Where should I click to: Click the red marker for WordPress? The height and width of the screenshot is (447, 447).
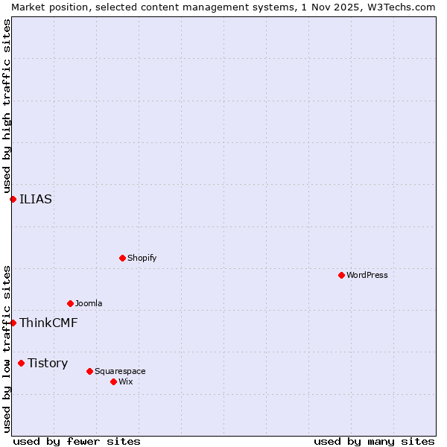[341, 275]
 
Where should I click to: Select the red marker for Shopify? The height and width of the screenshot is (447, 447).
[122, 258]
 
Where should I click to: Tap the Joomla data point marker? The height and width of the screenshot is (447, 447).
[70, 303]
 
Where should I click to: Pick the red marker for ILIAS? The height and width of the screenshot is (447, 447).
[13, 199]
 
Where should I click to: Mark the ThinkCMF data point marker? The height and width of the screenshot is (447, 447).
[13, 323]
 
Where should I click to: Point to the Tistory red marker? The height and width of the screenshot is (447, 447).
[21, 363]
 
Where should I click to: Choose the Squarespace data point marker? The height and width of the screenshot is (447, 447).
[89, 371]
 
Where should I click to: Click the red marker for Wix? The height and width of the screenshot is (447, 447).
[113, 381]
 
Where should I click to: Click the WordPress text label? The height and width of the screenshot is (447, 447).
[367, 275]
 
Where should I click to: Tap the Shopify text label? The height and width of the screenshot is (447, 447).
[142, 258]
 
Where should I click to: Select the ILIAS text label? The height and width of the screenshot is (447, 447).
[36, 199]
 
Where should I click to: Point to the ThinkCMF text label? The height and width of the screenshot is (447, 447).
[48, 323]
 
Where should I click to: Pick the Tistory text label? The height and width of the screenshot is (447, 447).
[48, 363]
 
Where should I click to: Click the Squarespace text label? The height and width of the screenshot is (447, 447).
[120, 371]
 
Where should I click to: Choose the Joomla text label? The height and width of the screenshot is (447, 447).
[89, 303]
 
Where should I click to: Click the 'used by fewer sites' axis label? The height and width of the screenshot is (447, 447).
[77, 441]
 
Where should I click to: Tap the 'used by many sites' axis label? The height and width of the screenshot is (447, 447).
[374, 441]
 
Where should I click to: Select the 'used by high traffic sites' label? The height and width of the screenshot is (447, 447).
[7, 106]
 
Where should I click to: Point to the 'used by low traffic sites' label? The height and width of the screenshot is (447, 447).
[7, 349]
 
